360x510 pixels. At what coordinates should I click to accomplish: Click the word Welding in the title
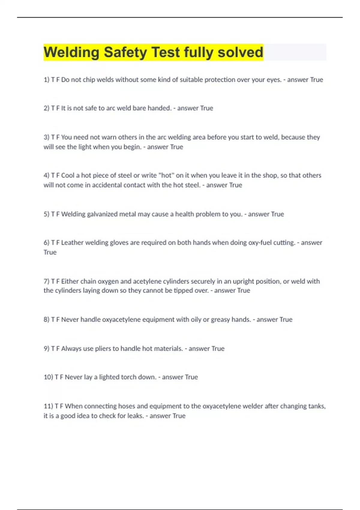click(71, 52)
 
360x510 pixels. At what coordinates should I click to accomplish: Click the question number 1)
click(46, 80)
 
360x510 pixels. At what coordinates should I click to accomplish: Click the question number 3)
click(46, 137)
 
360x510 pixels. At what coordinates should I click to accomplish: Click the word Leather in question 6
click(72, 242)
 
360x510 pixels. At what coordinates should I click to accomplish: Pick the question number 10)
click(48, 377)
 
